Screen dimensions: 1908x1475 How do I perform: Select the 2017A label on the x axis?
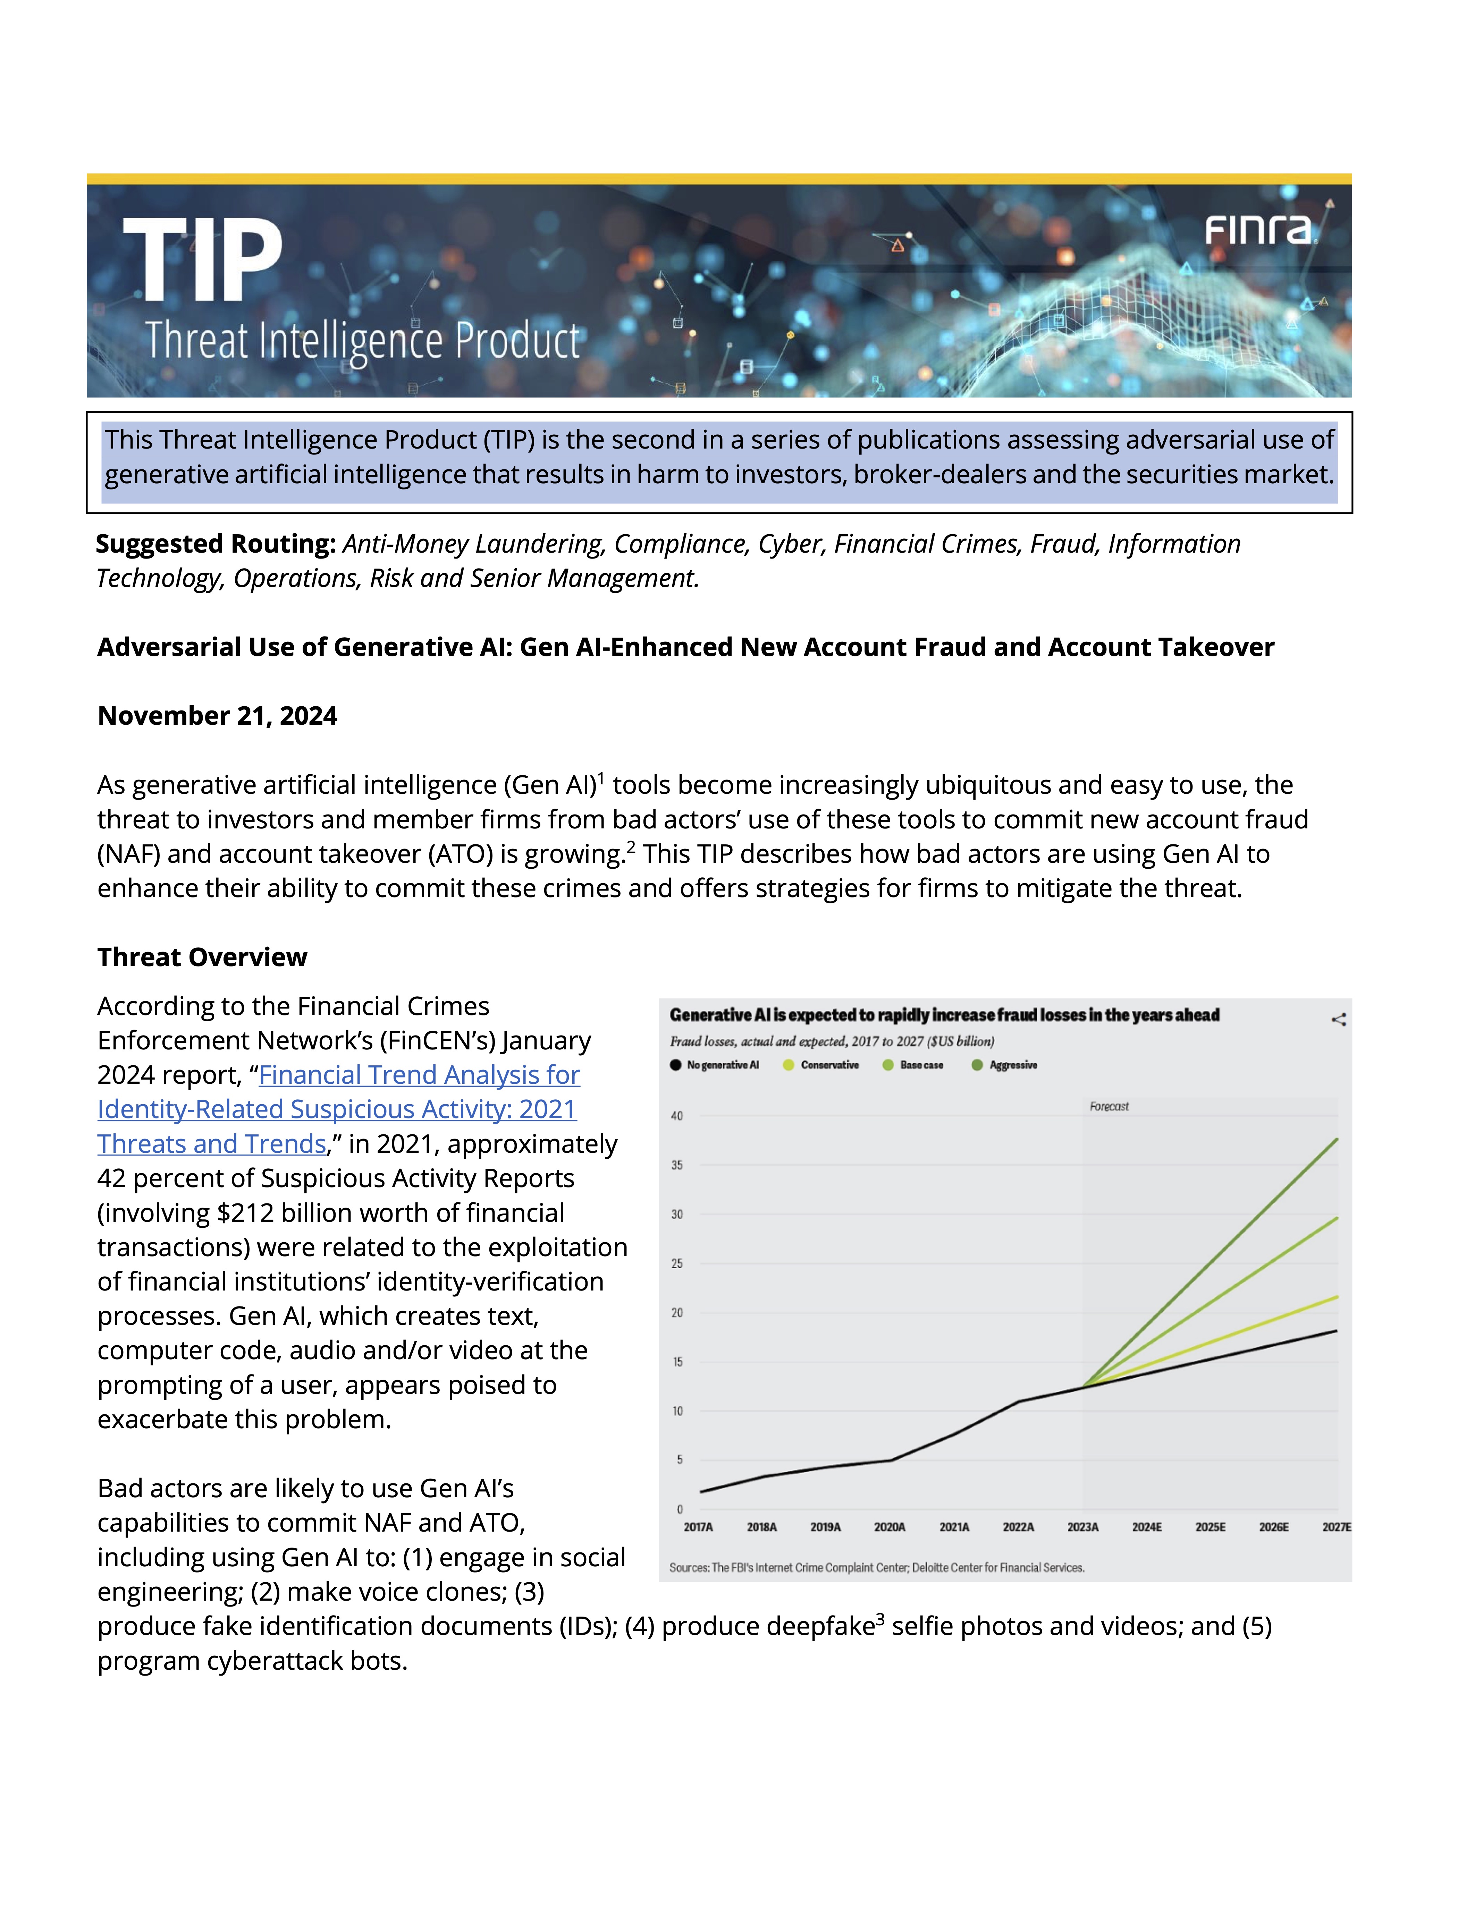point(698,1527)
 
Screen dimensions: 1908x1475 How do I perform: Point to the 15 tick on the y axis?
point(677,1362)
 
